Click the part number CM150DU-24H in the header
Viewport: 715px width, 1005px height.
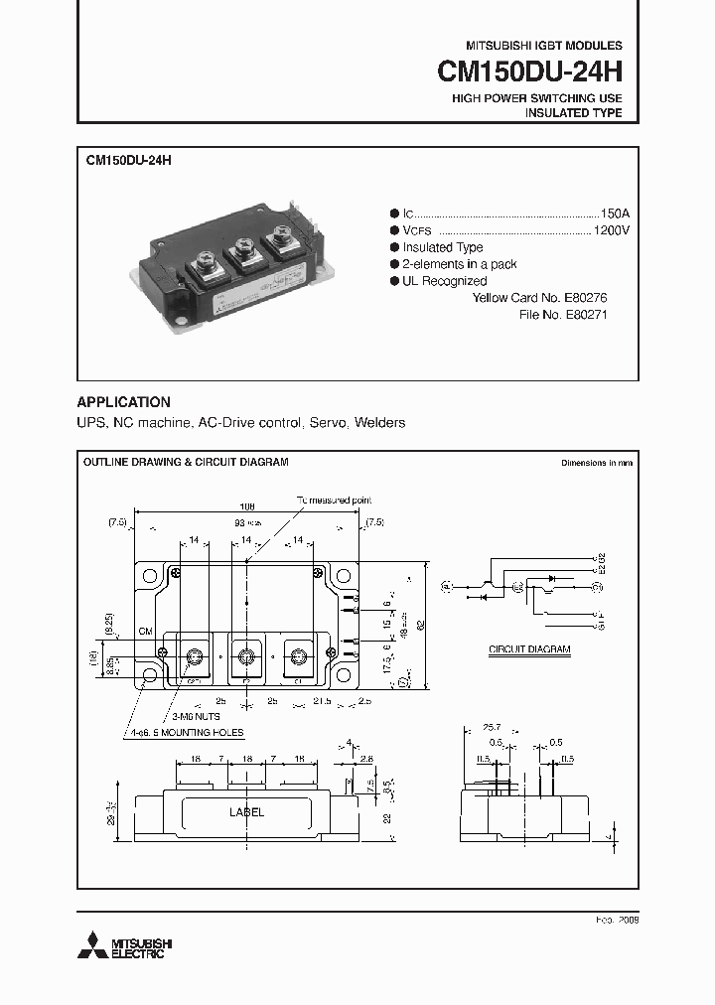(530, 72)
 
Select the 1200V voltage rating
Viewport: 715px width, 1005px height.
(611, 230)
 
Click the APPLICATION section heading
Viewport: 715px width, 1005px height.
(124, 402)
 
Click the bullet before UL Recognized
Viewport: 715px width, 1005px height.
(393, 282)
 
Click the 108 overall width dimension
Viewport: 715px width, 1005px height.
(245, 506)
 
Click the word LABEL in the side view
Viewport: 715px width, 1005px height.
(247, 812)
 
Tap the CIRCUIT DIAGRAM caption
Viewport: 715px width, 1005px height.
(529, 648)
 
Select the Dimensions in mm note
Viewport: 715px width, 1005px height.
(597, 463)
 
